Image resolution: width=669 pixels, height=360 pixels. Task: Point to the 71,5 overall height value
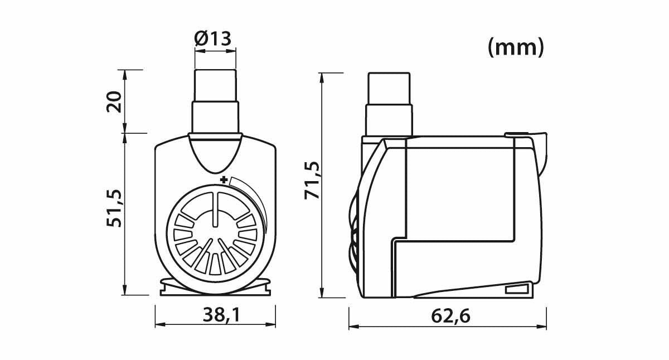click(x=313, y=180)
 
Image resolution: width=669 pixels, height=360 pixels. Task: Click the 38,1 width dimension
click(x=215, y=316)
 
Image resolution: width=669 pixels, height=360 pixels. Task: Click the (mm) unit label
click(x=515, y=48)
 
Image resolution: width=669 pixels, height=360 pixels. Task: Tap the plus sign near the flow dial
click(x=224, y=180)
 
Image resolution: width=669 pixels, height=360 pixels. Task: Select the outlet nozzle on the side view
click(x=390, y=103)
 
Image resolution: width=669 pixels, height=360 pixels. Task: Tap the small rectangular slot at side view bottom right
click(x=517, y=289)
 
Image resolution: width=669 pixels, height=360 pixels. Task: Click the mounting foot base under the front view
click(x=215, y=288)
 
